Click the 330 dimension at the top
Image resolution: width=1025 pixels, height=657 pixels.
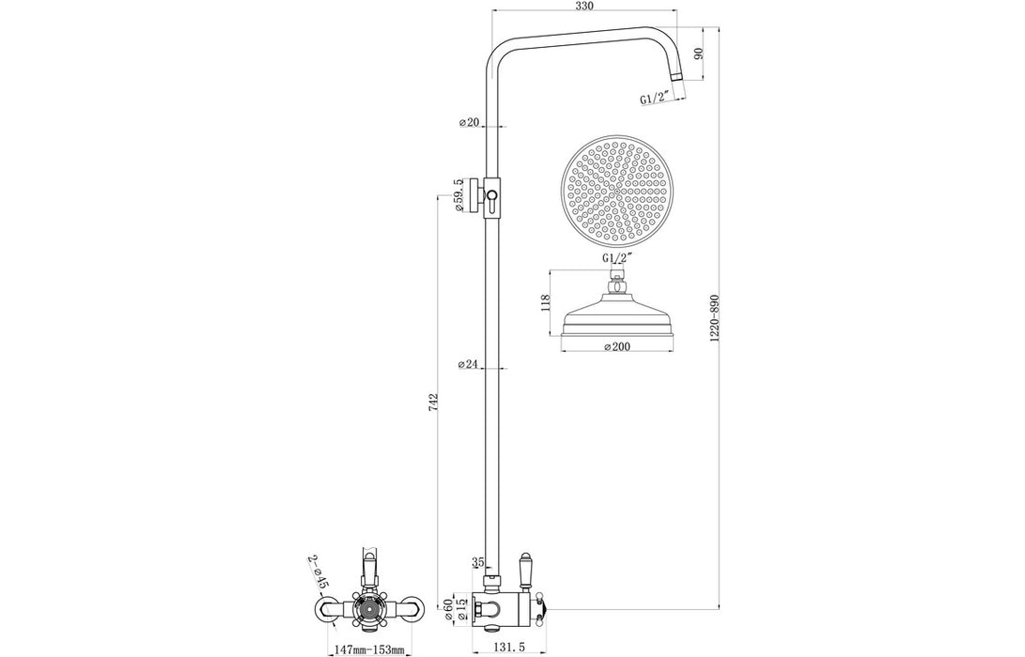coord(584,7)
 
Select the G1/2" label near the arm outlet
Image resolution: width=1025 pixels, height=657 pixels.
coord(656,98)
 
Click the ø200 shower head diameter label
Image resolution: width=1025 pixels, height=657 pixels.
coord(616,346)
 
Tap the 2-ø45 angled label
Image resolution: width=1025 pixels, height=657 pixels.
coord(318,573)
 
